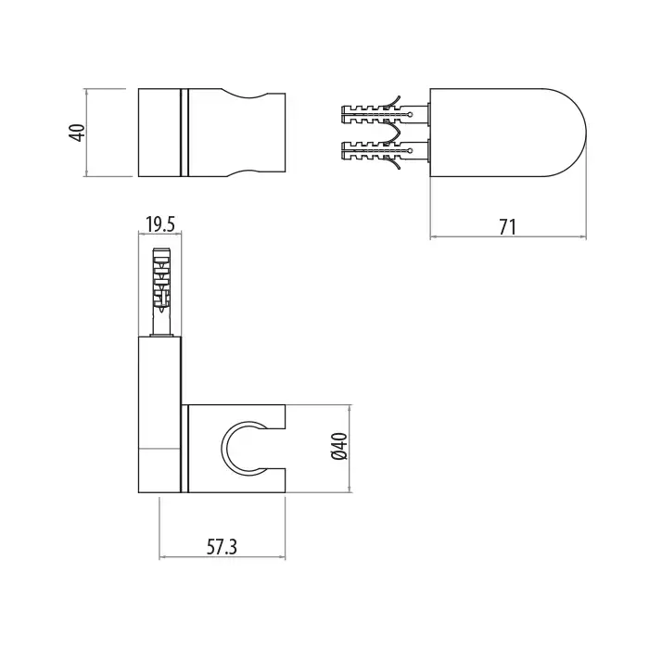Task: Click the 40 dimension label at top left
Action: coord(79,133)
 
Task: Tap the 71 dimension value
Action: coord(507,227)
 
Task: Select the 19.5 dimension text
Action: coord(160,224)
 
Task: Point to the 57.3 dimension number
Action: coord(222,547)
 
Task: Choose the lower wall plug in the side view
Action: coord(384,151)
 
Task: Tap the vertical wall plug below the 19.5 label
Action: coord(162,292)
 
